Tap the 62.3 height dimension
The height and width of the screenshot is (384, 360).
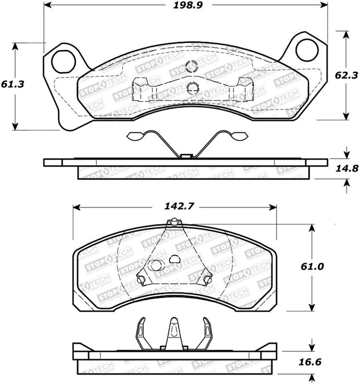(x=345, y=75)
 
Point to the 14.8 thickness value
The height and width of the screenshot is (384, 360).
(x=345, y=168)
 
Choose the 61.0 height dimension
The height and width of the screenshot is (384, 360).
(x=312, y=265)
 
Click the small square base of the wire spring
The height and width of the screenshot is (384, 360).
(x=186, y=155)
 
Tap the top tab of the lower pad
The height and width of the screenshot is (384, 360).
(x=174, y=222)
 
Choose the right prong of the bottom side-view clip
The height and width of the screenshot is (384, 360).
(x=206, y=331)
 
